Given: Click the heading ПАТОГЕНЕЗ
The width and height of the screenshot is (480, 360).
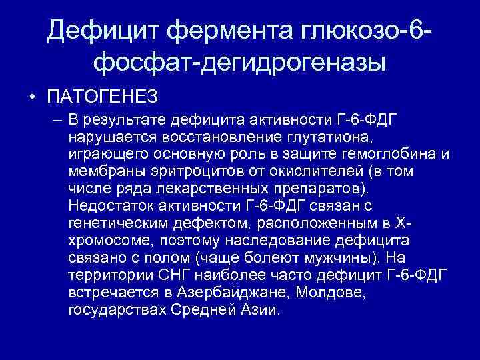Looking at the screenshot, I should pyautogui.click(x=102, y=98).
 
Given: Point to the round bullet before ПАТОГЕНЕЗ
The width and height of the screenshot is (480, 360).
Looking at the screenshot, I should pyautogui.click(x=32, y=99).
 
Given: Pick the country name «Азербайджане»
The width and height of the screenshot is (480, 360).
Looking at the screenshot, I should pyautogui.click(x=223, y=293).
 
